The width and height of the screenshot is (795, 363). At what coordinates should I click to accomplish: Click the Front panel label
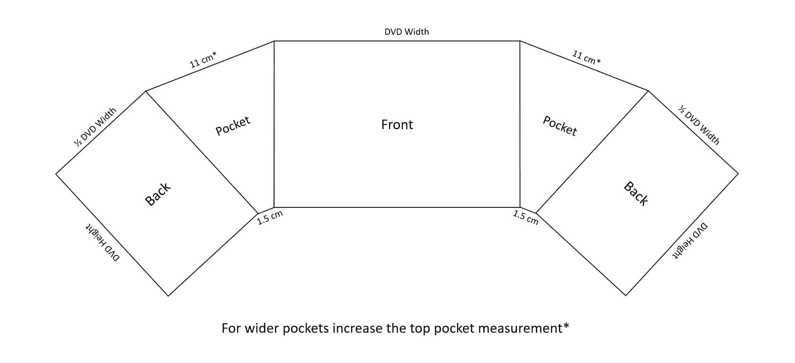(x=397, y=125)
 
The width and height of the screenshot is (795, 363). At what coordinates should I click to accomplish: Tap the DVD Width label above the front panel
(x=407, y=32)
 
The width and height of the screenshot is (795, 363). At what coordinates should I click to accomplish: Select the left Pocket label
(x=233, y=125)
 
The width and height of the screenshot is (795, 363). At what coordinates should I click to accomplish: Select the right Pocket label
(x=560, y=126)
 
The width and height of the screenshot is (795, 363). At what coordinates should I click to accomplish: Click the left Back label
(x=158, y=194)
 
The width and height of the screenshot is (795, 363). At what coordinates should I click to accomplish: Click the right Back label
(x=636, y=193)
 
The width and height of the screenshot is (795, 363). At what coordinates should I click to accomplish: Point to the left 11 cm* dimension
(x=203, y=60)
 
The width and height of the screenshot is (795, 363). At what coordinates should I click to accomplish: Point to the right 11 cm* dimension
(x=586, y=57)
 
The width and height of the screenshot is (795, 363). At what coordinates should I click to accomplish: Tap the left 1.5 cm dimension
(x=270, y=218)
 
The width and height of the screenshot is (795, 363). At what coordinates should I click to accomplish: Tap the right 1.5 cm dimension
(x=525, y=217)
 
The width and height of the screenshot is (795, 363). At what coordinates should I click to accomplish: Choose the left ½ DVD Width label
(x=95, y=127)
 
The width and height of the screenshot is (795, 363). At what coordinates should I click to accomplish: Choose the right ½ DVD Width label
(x=699, y=125)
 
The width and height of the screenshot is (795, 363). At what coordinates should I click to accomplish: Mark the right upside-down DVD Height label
(x=690, y=241)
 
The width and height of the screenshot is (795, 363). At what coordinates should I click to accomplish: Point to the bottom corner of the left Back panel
(x=168, y=296)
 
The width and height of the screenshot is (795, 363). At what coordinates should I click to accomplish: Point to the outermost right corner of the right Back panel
(x=738, y=173)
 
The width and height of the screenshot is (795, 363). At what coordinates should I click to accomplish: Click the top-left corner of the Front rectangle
(x=274, y=41)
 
